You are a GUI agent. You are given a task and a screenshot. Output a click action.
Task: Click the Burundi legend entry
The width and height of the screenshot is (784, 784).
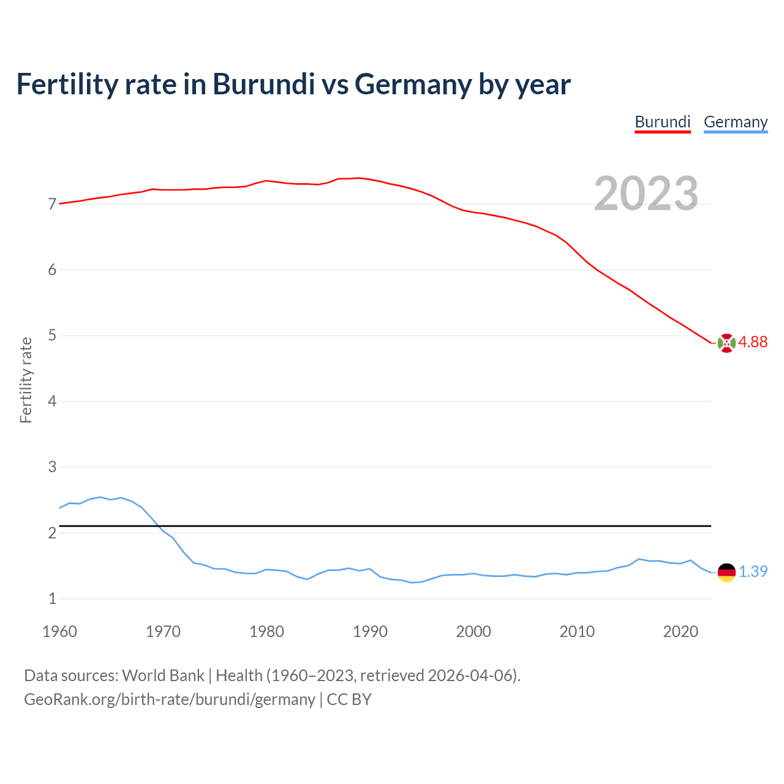pos(662,122)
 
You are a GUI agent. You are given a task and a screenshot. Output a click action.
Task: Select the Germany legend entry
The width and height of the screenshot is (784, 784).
pos(735,122)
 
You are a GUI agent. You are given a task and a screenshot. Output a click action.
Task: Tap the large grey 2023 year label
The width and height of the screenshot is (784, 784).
pos(646,194)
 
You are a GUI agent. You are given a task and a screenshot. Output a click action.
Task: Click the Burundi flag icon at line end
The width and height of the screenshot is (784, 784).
pos(726,343)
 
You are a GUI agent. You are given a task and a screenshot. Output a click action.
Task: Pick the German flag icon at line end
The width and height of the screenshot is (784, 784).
pos(726,572)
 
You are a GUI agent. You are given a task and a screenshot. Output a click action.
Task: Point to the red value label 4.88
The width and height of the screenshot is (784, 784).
pos(753,342)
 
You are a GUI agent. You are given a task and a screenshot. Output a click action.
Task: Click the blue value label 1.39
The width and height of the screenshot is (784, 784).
pos(753,571)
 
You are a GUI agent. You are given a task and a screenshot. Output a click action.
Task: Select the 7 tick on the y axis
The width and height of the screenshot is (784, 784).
pos(52,204)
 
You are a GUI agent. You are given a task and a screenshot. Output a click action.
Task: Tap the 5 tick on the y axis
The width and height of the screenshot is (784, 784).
pos(52,336)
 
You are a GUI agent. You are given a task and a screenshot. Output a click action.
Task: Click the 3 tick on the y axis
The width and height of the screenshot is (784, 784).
pos(52,467)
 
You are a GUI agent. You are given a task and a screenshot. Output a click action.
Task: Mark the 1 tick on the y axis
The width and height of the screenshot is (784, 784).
pos(52,599)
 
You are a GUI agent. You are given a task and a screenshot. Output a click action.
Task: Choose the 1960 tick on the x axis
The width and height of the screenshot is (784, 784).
pos(59,631)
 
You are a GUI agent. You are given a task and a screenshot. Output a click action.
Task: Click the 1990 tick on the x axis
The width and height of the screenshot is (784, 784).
pos(370,631)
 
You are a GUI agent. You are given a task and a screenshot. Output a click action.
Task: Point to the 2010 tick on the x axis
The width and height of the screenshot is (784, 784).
pos(577,631)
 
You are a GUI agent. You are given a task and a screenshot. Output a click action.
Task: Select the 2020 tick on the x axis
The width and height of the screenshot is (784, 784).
pos(680,631)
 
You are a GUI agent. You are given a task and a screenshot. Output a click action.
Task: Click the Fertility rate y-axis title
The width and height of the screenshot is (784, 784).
pos(26,380)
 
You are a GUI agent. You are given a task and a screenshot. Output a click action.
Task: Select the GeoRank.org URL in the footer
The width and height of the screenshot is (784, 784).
pos(169,699)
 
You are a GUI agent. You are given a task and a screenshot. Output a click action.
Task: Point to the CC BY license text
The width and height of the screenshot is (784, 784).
pos(349,699)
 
